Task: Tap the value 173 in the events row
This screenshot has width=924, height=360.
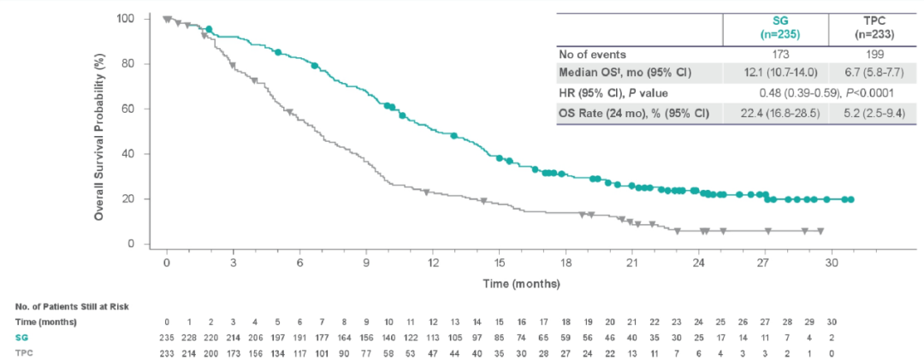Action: click(x=775, y=53)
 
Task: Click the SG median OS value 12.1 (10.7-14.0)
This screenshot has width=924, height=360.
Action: click(x=775, y=73)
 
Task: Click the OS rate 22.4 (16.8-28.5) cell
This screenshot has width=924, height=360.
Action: click(x=775, y=113)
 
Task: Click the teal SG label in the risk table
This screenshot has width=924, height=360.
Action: click(x=21, y=338)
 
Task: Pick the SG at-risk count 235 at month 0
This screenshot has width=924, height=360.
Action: click(x=168, y=338)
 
